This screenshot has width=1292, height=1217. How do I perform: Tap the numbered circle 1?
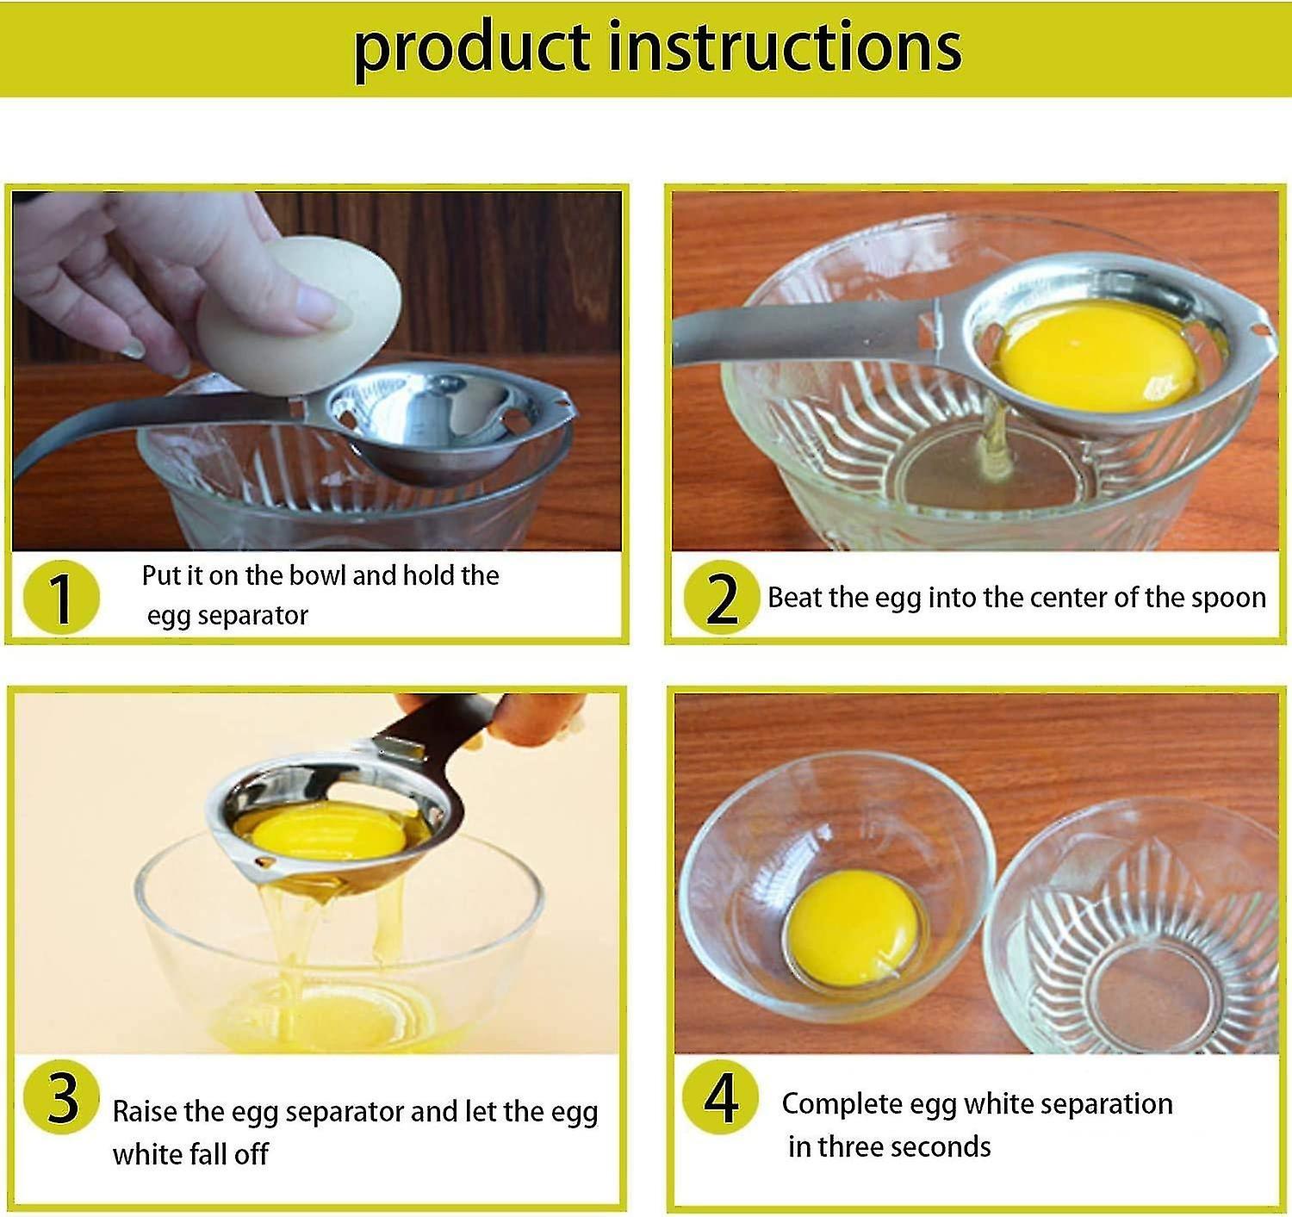(x=61, y=597)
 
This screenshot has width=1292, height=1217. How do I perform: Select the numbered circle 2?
(x=722, y=598)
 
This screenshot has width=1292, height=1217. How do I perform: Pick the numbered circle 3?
(x=61, y=1097)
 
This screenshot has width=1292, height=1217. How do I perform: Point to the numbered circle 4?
(x=721, y=1097)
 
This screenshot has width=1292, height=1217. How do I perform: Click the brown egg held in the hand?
(x=299, y=315)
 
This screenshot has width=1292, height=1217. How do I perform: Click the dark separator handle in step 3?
(x=429, y=732)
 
